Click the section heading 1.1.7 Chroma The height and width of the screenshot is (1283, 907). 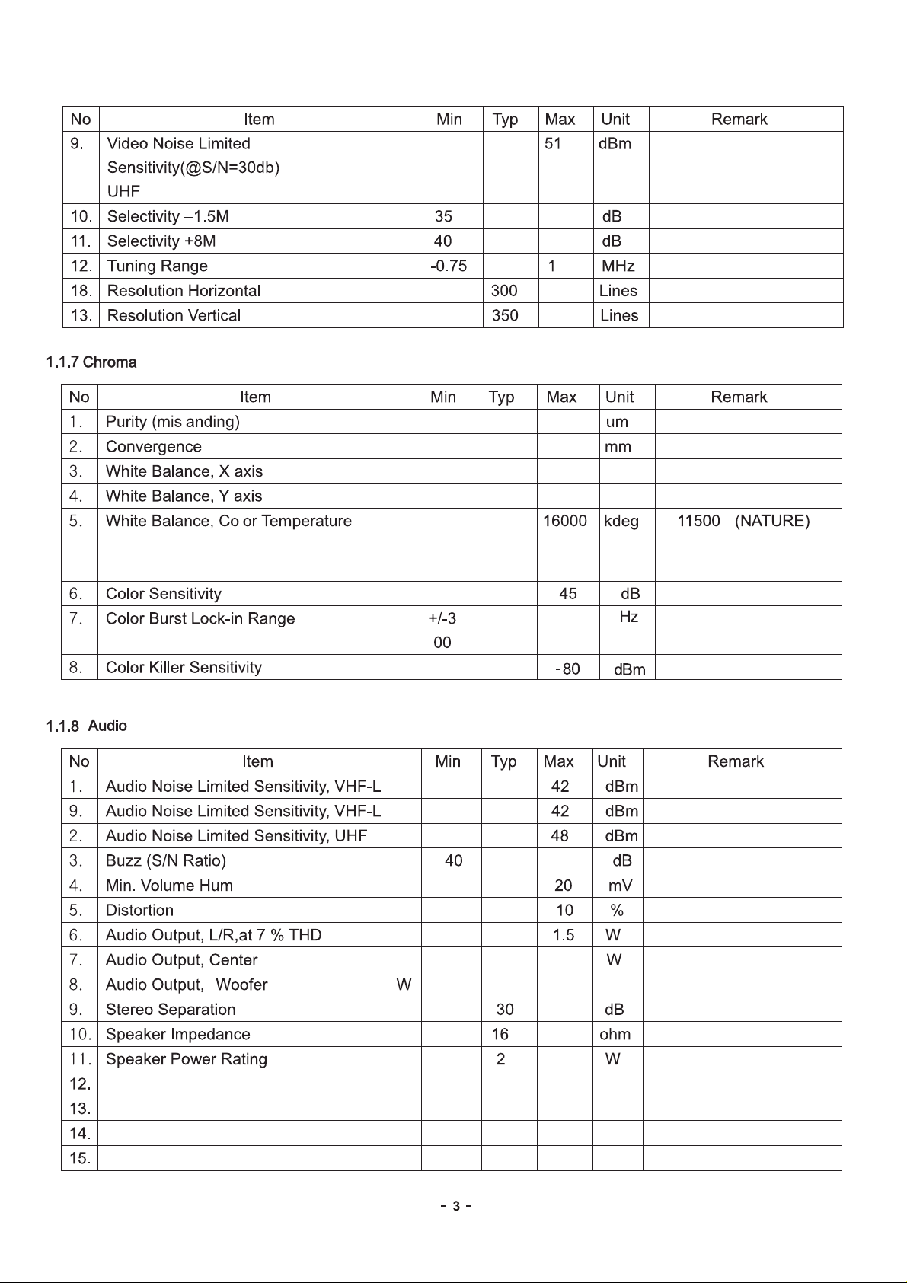[x=91, y=362]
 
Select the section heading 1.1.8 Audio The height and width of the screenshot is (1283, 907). [x=87, y=726]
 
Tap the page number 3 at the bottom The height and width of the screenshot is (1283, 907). [x=456, y=1206]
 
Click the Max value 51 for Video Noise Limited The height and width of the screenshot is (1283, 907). [x=553, y=144]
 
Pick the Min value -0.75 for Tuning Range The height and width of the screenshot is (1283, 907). [x=449, y=266]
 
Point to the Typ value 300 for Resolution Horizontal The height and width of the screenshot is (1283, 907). [x=504, y=291]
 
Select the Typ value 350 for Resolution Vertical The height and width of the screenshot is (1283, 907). [x=504, y=315]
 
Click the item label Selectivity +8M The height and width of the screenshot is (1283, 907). [x=161, y=241]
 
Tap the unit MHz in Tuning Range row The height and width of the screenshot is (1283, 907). [x=618, y=266]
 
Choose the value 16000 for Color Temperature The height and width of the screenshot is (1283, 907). [x=564, y=522]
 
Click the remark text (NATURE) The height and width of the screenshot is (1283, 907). [x=772, y=522]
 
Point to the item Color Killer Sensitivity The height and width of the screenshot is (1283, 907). [x=184, y=668]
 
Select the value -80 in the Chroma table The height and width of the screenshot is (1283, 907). [x=568, y=669]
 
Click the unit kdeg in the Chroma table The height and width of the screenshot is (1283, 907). [x=621, y=522]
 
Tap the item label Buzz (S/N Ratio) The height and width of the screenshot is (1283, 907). [x=166, y=861]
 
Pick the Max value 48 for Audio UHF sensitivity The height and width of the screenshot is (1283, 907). [x=560, y=836]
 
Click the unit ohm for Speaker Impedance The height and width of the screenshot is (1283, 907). [x=615, y=1035]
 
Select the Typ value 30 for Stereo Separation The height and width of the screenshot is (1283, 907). [x=505, y=1010]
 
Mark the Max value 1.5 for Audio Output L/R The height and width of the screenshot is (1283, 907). [x=564, y=935]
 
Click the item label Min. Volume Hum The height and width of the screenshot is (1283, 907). [x=169, y=886]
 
